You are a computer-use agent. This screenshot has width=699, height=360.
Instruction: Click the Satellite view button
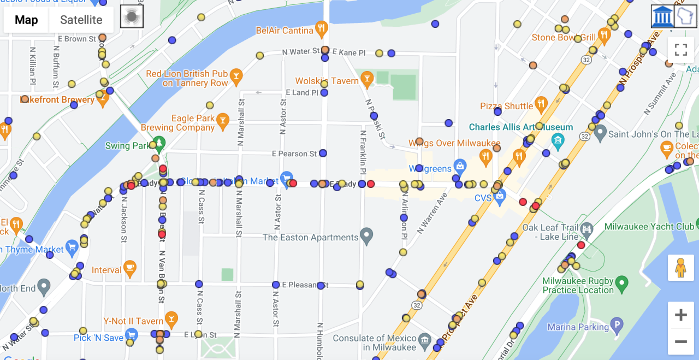(x=81, y=20)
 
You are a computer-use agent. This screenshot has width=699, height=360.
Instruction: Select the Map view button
(x=26, y=20)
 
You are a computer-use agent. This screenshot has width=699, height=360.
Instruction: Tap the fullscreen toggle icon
(x=680, y=50)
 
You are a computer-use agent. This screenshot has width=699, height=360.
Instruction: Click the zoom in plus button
(x=680, y=315)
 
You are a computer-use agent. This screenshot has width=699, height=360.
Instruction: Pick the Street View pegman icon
(x=680, y=268)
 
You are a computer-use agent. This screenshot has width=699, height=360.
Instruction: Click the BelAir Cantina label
(x=285, y=31)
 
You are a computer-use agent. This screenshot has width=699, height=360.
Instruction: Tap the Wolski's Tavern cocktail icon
(x=367, y=80)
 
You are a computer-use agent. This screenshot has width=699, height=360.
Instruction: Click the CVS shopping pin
(x=499, y=195)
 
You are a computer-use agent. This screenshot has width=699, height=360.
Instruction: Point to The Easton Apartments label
(x=310, y=238)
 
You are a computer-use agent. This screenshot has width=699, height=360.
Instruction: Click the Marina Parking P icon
(x=617, y=326)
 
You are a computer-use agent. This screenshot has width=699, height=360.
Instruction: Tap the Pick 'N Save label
(x=98, y=338)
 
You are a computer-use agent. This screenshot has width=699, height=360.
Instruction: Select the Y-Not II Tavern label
(x=133, y=321)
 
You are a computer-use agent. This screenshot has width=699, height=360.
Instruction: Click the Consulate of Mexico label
(x=375, y=343)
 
